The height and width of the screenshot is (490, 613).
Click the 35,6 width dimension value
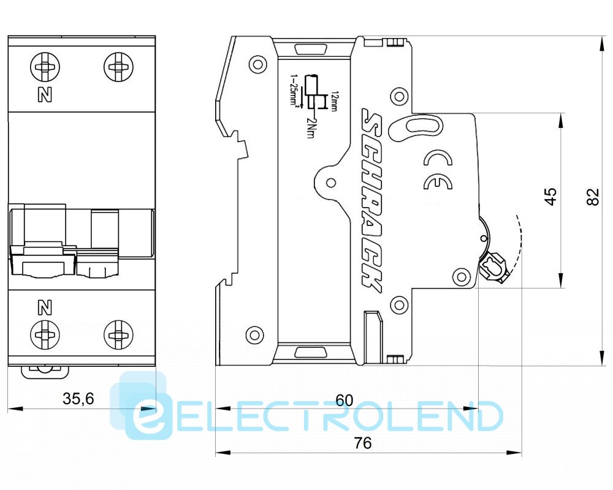tap(78, 399)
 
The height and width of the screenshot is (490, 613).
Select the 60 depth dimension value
tap(345, 400)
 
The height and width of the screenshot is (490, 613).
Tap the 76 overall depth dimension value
tap(363, 443)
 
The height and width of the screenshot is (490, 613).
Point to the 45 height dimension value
tap(551, 196)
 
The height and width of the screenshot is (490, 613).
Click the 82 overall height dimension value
tap(592, 197)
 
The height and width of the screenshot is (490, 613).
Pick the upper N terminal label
tap(44, 95)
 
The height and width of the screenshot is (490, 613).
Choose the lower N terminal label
tap(44, 307)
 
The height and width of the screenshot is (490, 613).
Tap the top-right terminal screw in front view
tap(117, 66)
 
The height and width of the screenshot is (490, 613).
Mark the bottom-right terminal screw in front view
tap(117, 334)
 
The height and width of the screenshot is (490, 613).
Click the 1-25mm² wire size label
tap(294, 92)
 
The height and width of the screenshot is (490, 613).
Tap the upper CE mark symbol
tap(438, 160)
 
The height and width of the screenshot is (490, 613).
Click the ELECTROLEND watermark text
tap(319, 417)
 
